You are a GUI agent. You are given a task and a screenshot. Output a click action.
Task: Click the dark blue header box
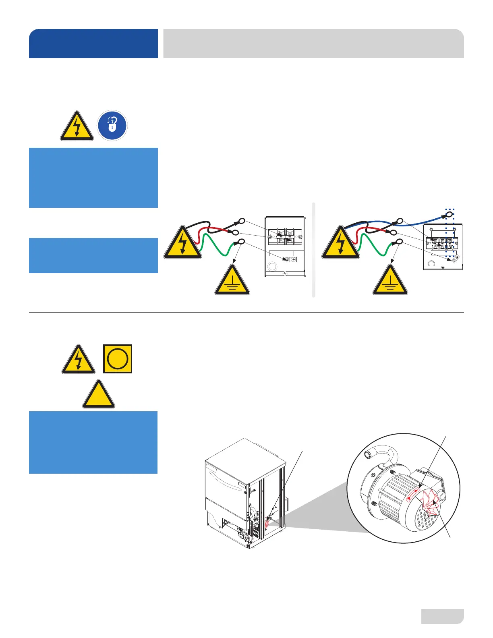[93, 43]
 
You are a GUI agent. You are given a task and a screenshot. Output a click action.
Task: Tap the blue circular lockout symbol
[112, 126]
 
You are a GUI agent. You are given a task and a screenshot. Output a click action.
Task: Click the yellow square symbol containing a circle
[117, 358]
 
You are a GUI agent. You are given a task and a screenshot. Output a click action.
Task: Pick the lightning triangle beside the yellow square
[79, 360]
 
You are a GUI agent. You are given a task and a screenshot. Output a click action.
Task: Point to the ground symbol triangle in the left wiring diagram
[232, 281]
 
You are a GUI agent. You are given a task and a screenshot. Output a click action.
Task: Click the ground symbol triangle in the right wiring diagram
[390, 281]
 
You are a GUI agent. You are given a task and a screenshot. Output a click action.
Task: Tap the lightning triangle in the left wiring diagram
[182, 243]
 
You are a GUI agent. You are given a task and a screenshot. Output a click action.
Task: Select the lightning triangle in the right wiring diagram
[340, 243]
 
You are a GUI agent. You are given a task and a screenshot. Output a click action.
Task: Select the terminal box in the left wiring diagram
[285, 246]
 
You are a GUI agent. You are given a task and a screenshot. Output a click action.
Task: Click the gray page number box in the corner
[442, 616]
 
